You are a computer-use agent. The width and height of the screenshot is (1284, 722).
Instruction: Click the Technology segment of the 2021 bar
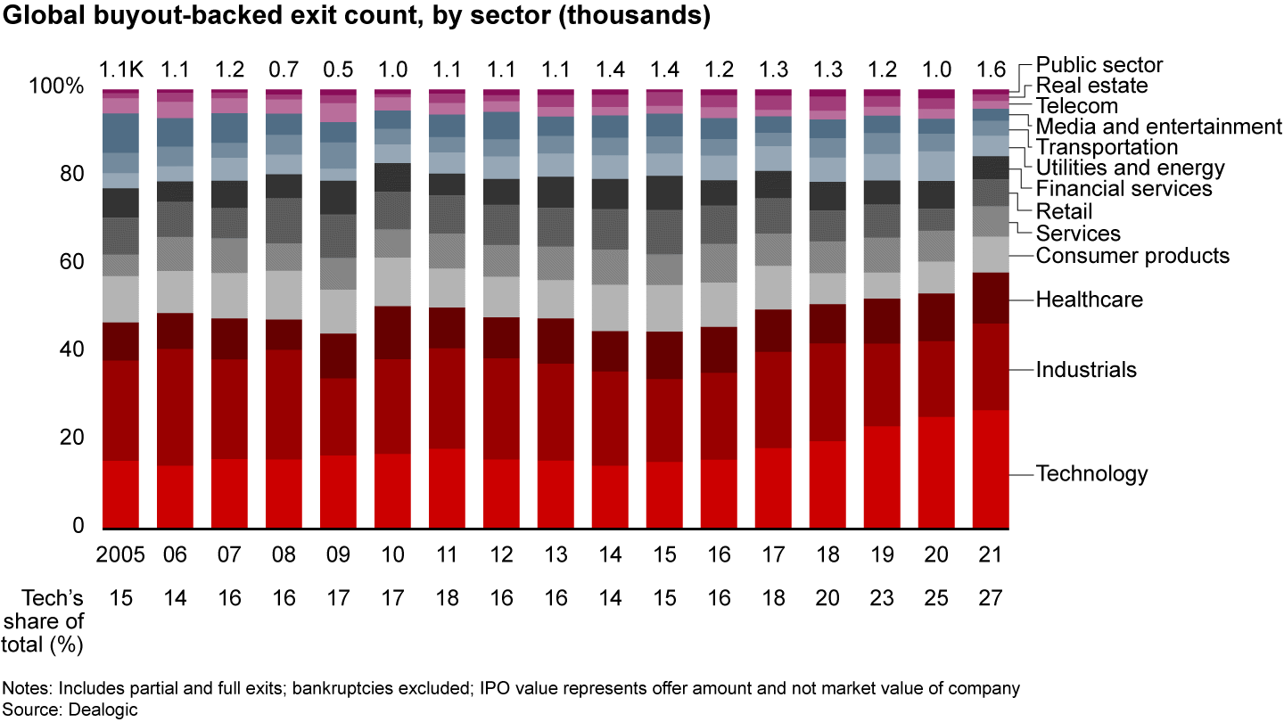point(991,469)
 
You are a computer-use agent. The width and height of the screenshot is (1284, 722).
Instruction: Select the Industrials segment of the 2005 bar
point(120,411)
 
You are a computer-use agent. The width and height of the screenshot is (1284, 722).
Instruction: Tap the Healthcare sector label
point(1089,299)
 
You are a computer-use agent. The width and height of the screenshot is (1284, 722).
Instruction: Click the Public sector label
point(1099,64)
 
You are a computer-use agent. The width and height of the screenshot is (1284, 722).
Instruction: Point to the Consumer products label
point(1132,256)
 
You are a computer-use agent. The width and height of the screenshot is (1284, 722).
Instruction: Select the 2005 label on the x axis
point(120,554)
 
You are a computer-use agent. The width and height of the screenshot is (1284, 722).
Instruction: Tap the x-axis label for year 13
point(556,554)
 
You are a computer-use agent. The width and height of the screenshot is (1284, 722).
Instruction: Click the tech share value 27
point(991,597)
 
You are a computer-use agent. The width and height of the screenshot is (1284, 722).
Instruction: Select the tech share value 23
point(882,597)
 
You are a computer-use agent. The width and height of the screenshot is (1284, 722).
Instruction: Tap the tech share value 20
point(827,597)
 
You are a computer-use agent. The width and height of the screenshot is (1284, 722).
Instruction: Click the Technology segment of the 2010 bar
point(392,490)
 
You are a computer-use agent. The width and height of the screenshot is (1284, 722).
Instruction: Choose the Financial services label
point(1123,189)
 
